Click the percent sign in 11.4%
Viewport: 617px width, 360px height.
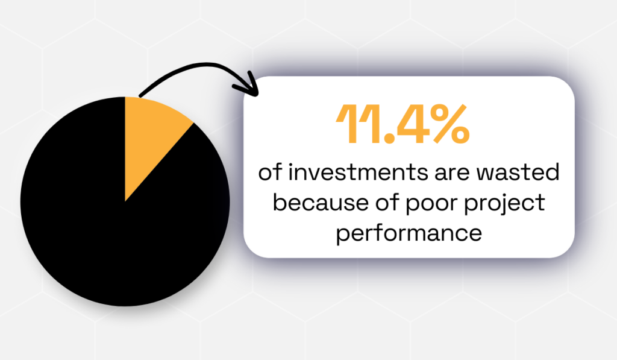point(444,124)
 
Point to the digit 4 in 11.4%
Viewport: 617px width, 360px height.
point(405,124)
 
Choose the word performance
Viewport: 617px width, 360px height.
point(409,233)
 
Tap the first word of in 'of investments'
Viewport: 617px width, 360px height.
point(269,174)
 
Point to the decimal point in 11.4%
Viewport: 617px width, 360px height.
point(383,139)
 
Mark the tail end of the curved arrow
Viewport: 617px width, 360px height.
point(140,95)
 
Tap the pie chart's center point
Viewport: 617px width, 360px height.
point(125,201)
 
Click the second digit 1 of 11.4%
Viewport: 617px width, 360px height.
point(368,124)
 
